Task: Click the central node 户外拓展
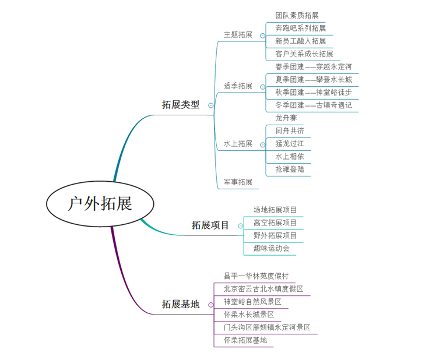100,203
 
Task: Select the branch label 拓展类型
180,105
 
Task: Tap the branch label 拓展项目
210,225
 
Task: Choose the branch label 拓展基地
180,304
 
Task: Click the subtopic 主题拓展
238,34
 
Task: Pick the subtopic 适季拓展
238,86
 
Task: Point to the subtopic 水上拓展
238,143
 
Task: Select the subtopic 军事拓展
238,182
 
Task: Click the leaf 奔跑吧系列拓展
300,28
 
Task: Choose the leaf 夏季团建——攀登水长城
313,79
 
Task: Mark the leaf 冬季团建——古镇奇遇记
313,105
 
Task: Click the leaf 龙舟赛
286,118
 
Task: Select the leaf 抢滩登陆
290,169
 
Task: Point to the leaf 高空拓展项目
275,223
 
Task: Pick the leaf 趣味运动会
271,248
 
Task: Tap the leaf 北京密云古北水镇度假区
263,288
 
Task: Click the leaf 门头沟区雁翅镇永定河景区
267,327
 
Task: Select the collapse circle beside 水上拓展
262,144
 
